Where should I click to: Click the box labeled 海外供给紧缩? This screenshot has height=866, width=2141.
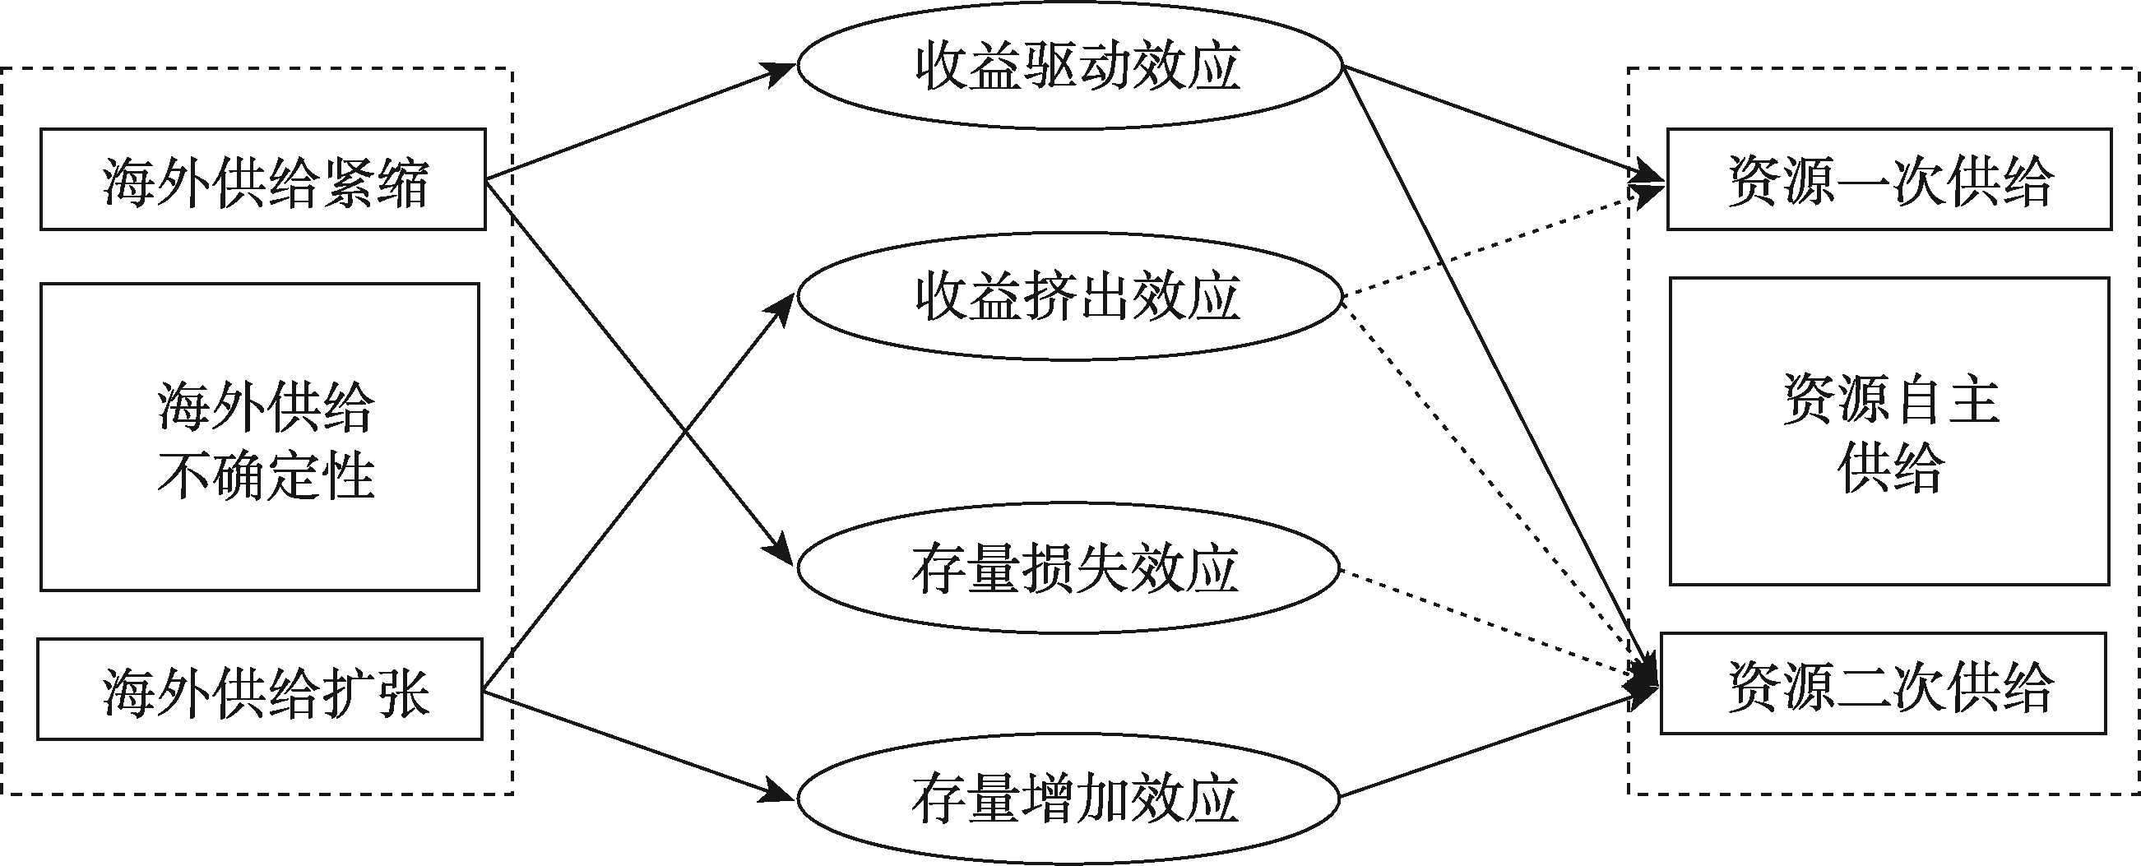pos(262,178)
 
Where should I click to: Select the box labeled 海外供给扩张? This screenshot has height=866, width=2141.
pos(259,689)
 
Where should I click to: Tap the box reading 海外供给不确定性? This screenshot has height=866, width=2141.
pos(259,438)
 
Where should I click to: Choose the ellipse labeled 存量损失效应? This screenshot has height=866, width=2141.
pos(1068,568)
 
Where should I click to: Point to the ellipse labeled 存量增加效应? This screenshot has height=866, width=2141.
pos(1068,798)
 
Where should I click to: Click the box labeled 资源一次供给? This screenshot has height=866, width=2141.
pos(1889,178)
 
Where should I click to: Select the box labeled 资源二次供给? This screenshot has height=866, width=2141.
pos(1883,684)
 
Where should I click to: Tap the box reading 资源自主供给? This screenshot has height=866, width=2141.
pos(1889,431)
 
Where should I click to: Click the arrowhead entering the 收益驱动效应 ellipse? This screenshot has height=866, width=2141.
pos(781,73)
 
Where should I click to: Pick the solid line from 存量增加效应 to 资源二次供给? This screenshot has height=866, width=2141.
pos(1488,744)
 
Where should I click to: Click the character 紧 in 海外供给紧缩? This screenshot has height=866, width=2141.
pos(345,181)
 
